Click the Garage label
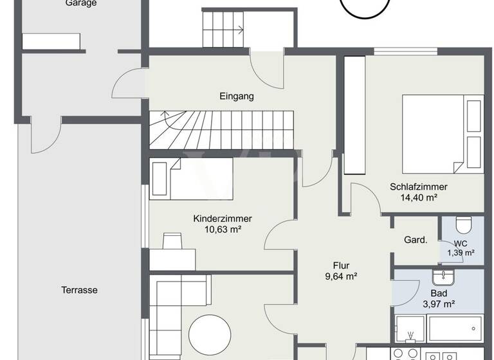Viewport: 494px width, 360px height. click(x=81, y=3)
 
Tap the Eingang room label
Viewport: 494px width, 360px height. click(x=237, y=97)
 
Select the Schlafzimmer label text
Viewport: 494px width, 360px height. click(x=418, y=187)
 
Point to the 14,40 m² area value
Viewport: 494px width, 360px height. click(x=418, y=198)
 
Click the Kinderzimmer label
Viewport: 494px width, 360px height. click(x=223, y=219)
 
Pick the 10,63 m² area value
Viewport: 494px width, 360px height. click(x=223, y=230)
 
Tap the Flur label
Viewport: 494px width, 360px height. click(x=340, y=265)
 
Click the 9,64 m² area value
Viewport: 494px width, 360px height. click(x=340, y=276)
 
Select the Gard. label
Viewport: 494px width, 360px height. click(x=416, y=240)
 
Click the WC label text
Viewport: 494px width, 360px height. click(x=461, y=243)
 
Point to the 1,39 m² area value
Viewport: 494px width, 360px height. click(x=461, y=253)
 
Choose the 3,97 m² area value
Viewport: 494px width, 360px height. click(x=439, y=304)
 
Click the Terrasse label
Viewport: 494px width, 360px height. click(x=80, y=290)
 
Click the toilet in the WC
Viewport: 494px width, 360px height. click(x=463, y=225)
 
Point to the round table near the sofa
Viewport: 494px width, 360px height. click(x=210, y=334)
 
